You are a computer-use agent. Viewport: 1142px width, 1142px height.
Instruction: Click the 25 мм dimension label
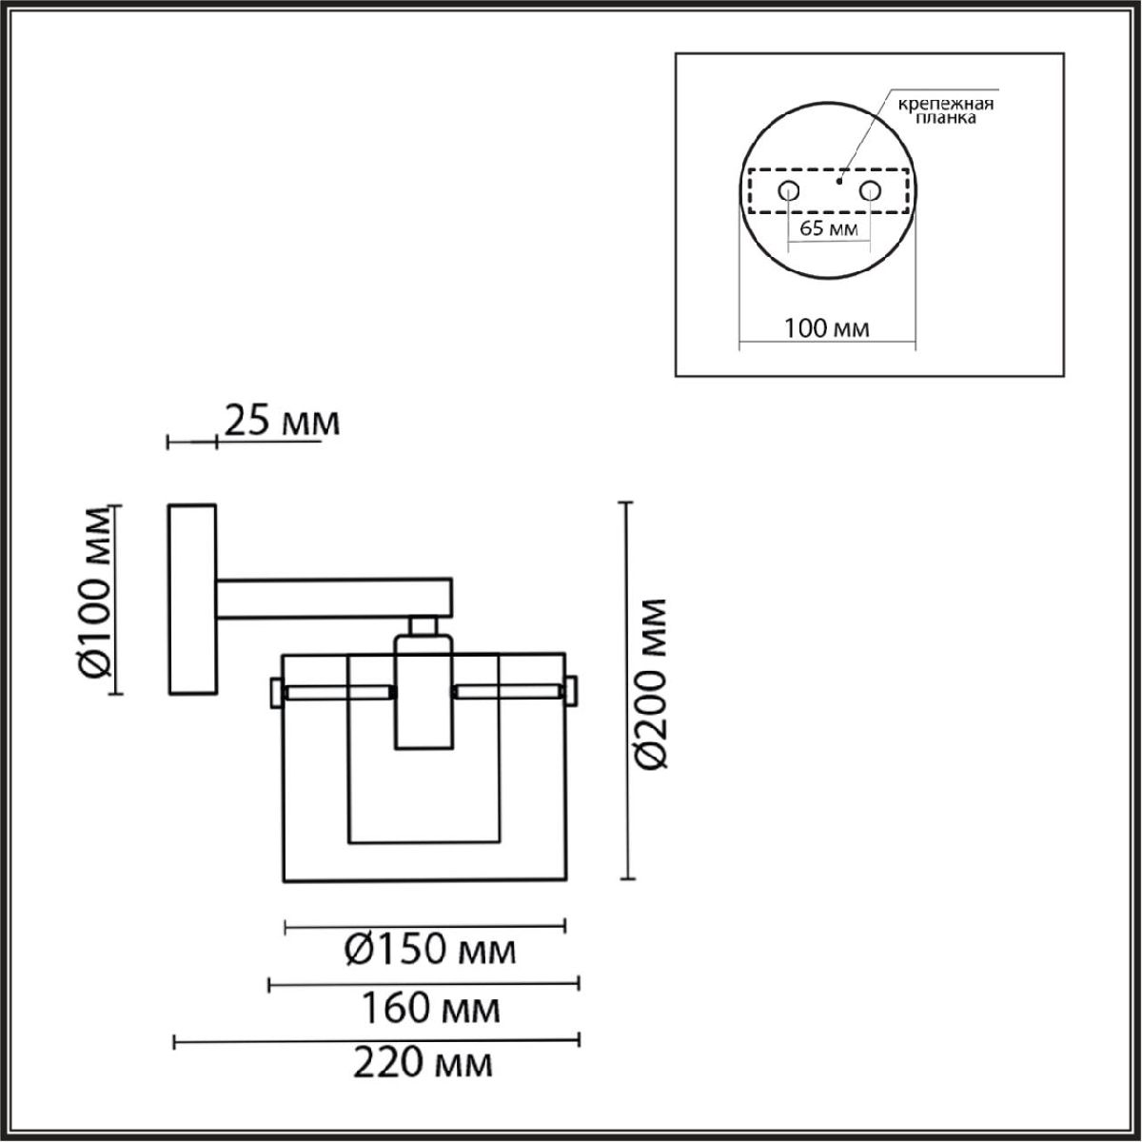tap(283, 422)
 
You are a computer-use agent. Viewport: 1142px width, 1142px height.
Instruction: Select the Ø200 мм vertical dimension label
tap(650, 683)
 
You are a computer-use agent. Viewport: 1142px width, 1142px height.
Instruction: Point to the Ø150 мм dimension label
tap(430, 950)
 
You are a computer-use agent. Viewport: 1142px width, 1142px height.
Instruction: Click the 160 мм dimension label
tap(430, 1008)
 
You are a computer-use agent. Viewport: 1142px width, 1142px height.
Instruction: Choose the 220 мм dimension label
tap(423, 1063)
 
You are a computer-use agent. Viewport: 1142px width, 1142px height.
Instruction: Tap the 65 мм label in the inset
tap(829, 228)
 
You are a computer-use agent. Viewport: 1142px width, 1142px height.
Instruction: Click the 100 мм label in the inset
tap(827, 327)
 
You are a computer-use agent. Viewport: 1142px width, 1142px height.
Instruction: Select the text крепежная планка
tap(946, 111)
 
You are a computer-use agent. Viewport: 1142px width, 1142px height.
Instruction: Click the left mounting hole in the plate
tap(789, 191)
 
